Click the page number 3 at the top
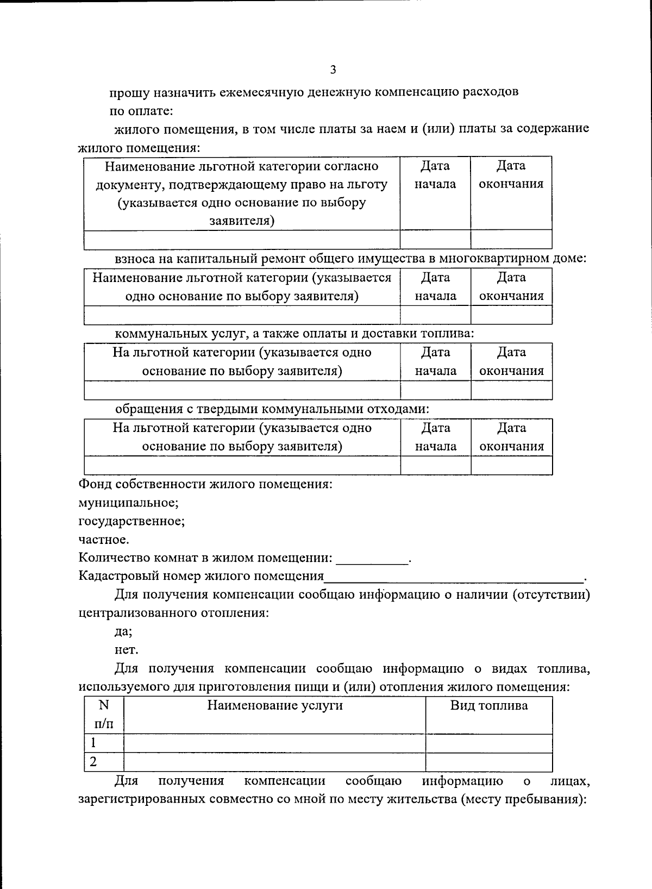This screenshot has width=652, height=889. coord(333,69)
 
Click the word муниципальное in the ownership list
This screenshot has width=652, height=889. coord(128,503)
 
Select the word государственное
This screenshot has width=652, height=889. coord(131,521)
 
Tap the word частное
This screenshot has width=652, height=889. coord(104,540)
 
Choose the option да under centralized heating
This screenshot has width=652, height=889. coord(123,631)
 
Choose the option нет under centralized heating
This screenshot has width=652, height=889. coord(126,649)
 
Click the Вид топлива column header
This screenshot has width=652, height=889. coord(489,706)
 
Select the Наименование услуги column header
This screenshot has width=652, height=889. coord(275,706)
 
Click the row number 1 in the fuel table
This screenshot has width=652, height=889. coord(93,743)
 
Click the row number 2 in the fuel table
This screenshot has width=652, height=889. coord(93,762)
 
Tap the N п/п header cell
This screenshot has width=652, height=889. coord(104,715)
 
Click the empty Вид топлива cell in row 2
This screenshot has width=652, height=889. coord(489,762)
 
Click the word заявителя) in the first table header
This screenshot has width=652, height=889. coord(242,221)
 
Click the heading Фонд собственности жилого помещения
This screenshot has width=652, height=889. coord(205,484)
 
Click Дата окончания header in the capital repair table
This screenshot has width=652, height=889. coord(511,286)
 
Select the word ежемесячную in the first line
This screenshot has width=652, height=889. coord(259,92)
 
